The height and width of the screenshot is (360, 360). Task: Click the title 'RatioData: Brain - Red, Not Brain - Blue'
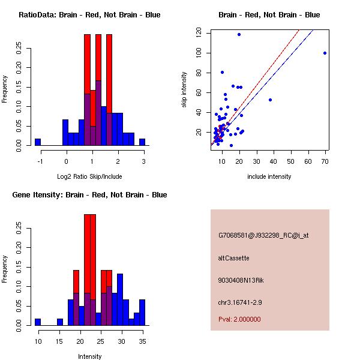[x=89, y=15]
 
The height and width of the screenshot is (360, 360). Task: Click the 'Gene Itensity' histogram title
[x=89, y=195]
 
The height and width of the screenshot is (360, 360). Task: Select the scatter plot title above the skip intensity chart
[x=269, y=15]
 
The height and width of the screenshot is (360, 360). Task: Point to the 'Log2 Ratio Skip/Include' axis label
[x=89, y=176]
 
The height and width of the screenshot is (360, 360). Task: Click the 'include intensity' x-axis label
[x=269, y=176]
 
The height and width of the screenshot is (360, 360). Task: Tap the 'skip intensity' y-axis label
[x=185, y=90]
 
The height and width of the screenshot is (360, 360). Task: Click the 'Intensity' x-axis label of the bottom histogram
[x=89, y=356]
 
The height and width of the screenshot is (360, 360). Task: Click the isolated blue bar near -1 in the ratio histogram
[x=38, y=142]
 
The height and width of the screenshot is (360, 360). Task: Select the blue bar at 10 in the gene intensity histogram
[x=38, y=322]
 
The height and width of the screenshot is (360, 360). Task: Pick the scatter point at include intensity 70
[x=325, y=53]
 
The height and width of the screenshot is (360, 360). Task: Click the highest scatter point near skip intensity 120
[x=239, y=35]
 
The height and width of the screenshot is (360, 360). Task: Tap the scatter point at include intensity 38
[x=270, y=100]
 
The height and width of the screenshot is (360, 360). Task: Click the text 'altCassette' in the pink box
[x=233, y=258]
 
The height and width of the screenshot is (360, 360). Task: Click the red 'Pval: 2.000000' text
[x=239, y=319]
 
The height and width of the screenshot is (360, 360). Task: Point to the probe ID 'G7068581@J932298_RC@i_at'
[x=263, y=236]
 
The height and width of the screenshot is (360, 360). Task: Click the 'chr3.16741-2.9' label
[x=241, y=301]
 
